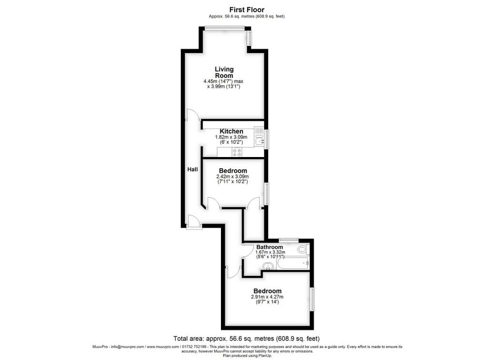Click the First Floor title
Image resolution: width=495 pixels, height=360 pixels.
(x=247, y=10)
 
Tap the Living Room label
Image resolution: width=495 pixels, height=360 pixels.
(x=224, y=72)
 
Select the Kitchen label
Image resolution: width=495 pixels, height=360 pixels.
(x=232, y=131)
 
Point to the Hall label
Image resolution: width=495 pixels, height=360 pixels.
(x=192, y=170)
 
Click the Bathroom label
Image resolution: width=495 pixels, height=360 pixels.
(x=270, y=247)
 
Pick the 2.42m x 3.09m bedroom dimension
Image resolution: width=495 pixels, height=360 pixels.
(x=233, y=177)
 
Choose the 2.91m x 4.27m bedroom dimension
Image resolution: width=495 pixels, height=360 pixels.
(x=267, y=297)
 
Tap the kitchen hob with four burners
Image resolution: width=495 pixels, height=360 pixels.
(x=237, y=152)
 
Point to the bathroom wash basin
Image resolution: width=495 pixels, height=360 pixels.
(x=269, y=267)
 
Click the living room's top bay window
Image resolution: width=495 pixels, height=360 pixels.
(x=224, y=28)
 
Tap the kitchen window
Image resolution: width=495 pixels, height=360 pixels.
(x=267, y=139)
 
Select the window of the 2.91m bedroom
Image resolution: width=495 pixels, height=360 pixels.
(x=312, y=299)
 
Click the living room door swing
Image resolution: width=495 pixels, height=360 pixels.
(x=193, y=115)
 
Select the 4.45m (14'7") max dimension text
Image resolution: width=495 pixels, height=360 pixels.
(x=223, y=81)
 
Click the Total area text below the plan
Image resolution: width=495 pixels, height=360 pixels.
(x=247, y=339)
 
